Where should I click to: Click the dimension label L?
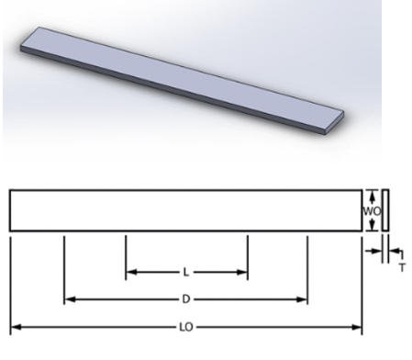coord(185,272)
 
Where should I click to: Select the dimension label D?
coord(186,299)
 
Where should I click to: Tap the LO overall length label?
coord(186,327)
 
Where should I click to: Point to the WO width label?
coord(372,211)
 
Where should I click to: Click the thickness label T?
coord(402,267)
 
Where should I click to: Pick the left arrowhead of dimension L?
coord(131,272)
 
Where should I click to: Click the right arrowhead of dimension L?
coord(242,272)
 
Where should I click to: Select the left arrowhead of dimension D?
coord(70,299)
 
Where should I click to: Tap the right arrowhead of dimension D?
coord(302,299)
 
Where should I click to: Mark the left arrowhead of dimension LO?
coord(16,327)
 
